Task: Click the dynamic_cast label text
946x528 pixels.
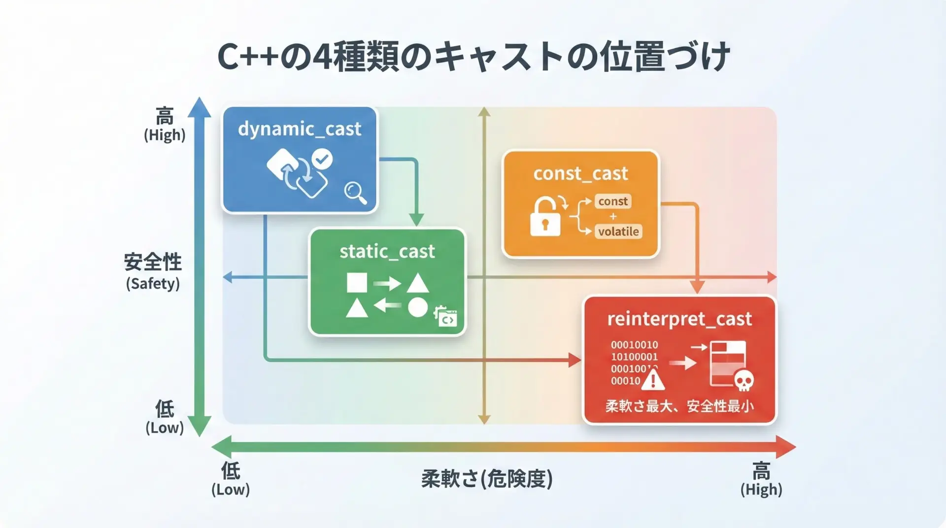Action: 300,129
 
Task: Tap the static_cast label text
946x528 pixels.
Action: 387,252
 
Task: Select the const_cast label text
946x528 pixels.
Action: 580,173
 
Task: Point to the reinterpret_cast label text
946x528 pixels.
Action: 679,319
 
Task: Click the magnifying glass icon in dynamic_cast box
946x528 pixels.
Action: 355,192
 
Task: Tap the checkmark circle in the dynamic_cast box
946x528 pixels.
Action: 322,159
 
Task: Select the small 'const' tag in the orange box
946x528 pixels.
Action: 613,201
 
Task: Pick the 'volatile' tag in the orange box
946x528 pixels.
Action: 618,231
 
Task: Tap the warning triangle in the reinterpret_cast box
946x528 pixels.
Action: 653,380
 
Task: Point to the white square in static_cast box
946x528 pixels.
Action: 357,283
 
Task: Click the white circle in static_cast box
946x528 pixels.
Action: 417,307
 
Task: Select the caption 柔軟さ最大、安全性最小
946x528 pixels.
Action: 679,406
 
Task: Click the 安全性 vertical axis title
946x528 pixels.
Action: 153,262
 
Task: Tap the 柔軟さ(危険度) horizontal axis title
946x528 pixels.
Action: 487,479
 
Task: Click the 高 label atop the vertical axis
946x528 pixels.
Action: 165,117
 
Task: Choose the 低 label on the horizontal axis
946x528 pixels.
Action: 231,471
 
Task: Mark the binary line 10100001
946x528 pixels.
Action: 634,357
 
